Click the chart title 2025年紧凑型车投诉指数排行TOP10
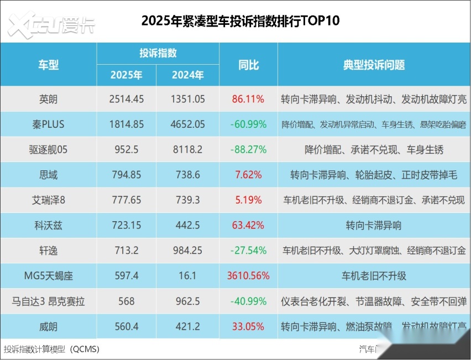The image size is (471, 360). pyautogui.click(x=240, y=21)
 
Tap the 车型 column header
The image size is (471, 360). pyautogui.click(x=48, y=65)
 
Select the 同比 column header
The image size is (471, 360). pyautogui.click(x=248, y=65)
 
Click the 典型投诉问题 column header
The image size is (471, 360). pyautogui.click(x=374, y=65)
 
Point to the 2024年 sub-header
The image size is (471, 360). pyautogui.click(x=187, y=75)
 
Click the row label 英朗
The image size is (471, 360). pyautogui.click(x=48, y=99)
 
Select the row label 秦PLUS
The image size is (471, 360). pyautogui.click(x=48, y=124)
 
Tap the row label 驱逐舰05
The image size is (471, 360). pyautogui.click(x=48, y=150)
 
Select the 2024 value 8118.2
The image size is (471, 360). pyautogui.click(x=187, y=150)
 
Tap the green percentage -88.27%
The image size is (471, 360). pyautogui.click(x=248, y=150)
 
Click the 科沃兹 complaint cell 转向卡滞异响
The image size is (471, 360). pyautogui.click(x=374, y=226)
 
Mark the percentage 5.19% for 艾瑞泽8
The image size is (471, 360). pyautogui.click(x=248, y=200)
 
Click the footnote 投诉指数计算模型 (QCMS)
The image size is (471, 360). pyautogui.click(x=51, y=349)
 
